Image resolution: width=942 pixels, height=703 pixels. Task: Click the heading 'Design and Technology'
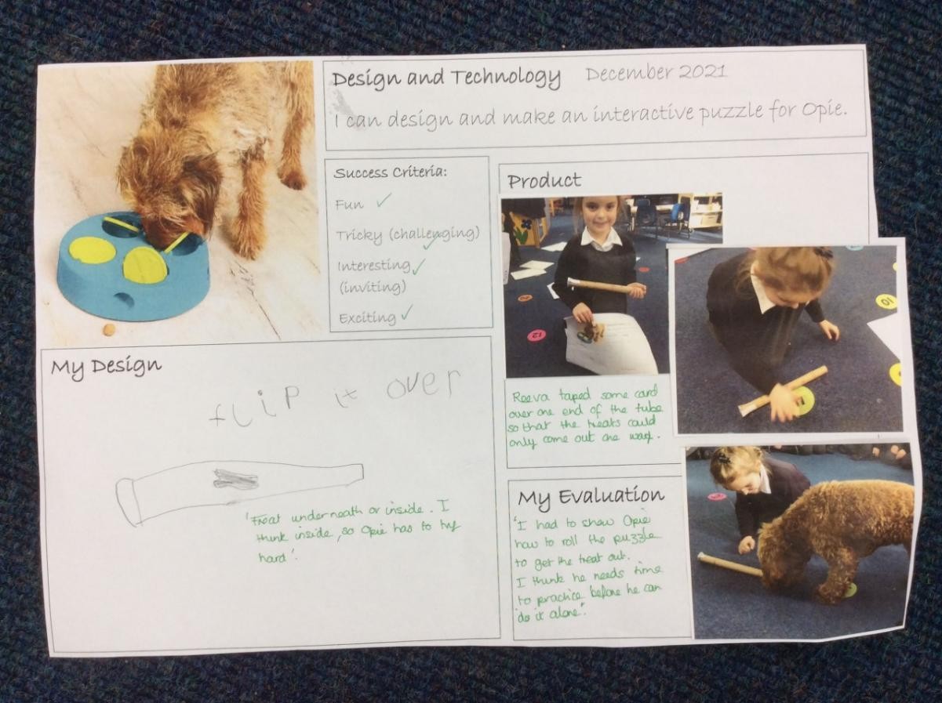[446, 78]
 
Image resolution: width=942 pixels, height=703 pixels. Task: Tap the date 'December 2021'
[656, 73]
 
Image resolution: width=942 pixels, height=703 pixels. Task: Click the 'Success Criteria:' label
[390, 172]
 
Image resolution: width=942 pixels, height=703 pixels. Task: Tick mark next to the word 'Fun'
[384, 201]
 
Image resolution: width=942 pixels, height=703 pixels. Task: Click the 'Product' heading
[544, 181]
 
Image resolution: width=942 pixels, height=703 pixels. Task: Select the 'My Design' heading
[106, 366]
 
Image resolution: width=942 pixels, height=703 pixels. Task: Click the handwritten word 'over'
[419, 384]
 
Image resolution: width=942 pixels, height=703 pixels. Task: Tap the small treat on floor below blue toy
[108, 330]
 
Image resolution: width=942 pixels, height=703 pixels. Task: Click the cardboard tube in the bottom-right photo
[729, 564]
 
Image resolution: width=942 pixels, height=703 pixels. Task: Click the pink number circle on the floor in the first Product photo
[536, 335]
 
